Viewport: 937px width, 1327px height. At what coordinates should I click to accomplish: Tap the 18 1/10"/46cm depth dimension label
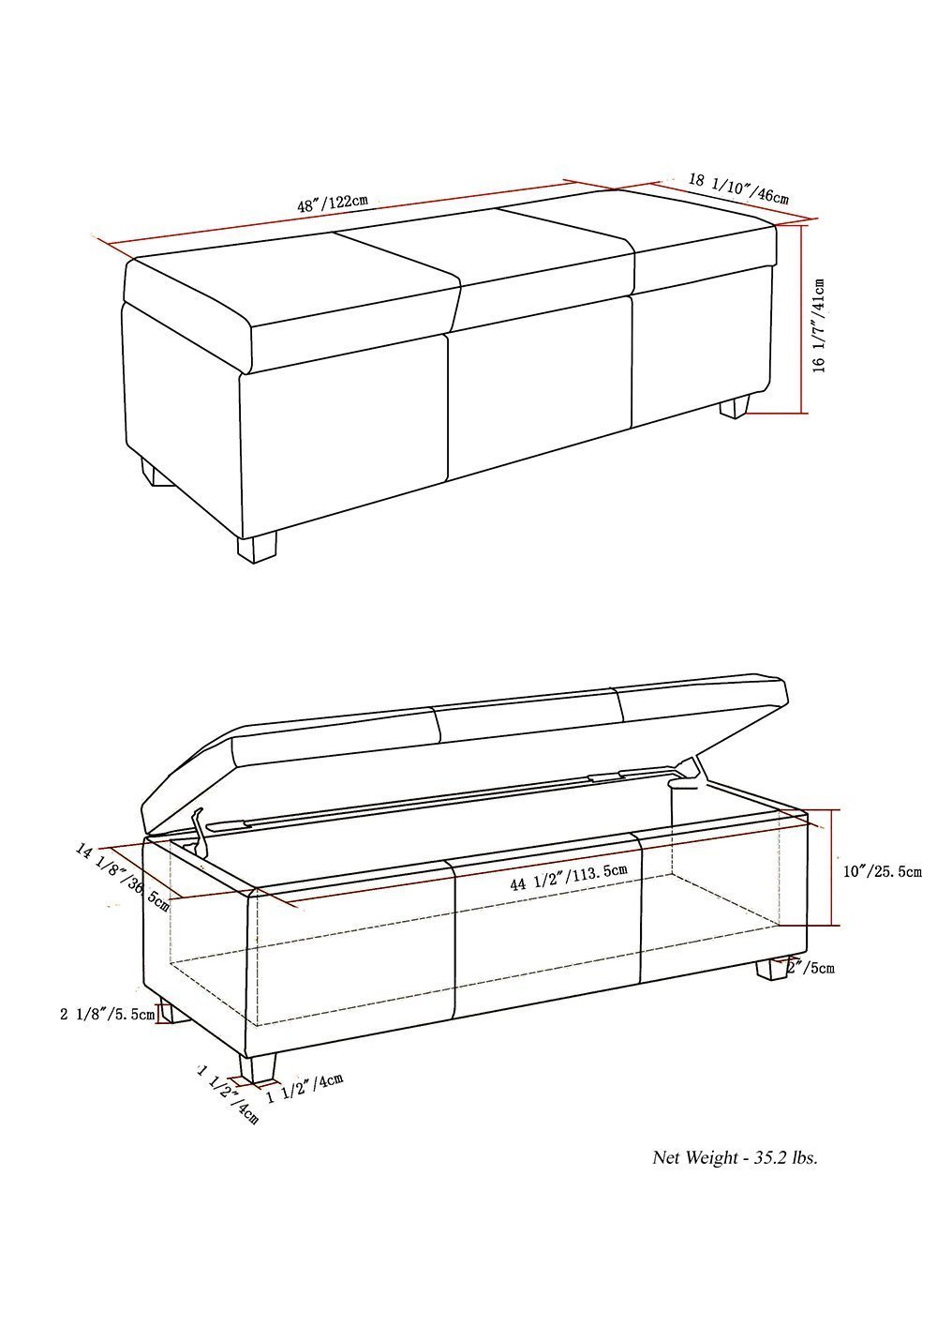coord(738,188)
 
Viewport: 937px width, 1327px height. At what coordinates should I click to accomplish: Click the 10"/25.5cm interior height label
coord(883,872)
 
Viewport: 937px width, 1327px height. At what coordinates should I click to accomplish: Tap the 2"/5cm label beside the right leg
coord(811,967)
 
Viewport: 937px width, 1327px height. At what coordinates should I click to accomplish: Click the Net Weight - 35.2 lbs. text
coord(735,1157)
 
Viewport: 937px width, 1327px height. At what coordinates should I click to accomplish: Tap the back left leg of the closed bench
coord(157,473)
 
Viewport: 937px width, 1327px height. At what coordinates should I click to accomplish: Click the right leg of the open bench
coord(770,970)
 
